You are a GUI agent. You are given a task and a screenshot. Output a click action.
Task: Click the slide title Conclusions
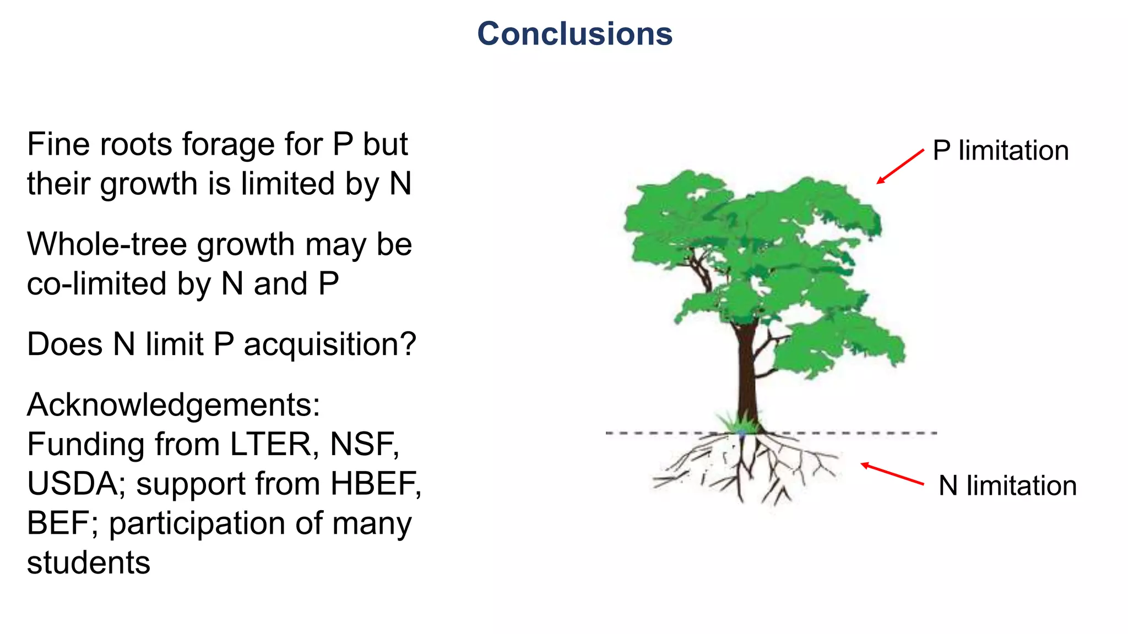(574, 34)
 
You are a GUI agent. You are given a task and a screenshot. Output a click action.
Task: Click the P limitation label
(1000, 151)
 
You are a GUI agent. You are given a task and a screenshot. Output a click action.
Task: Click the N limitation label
(1007, 486)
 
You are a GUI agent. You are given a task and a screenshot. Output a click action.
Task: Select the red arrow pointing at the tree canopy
(900, 166)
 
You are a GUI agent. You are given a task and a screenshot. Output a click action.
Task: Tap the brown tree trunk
(746, 374)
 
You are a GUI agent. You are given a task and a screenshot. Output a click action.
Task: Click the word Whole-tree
(107, 244)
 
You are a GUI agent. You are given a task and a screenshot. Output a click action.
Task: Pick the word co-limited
(96, 284)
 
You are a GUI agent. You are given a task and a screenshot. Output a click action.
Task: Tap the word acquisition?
(329, 345)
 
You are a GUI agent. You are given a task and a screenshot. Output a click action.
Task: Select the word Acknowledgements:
(173, 406)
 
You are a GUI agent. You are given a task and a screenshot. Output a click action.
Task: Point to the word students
(88, 563)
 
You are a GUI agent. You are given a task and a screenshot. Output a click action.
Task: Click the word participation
(197, 524)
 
